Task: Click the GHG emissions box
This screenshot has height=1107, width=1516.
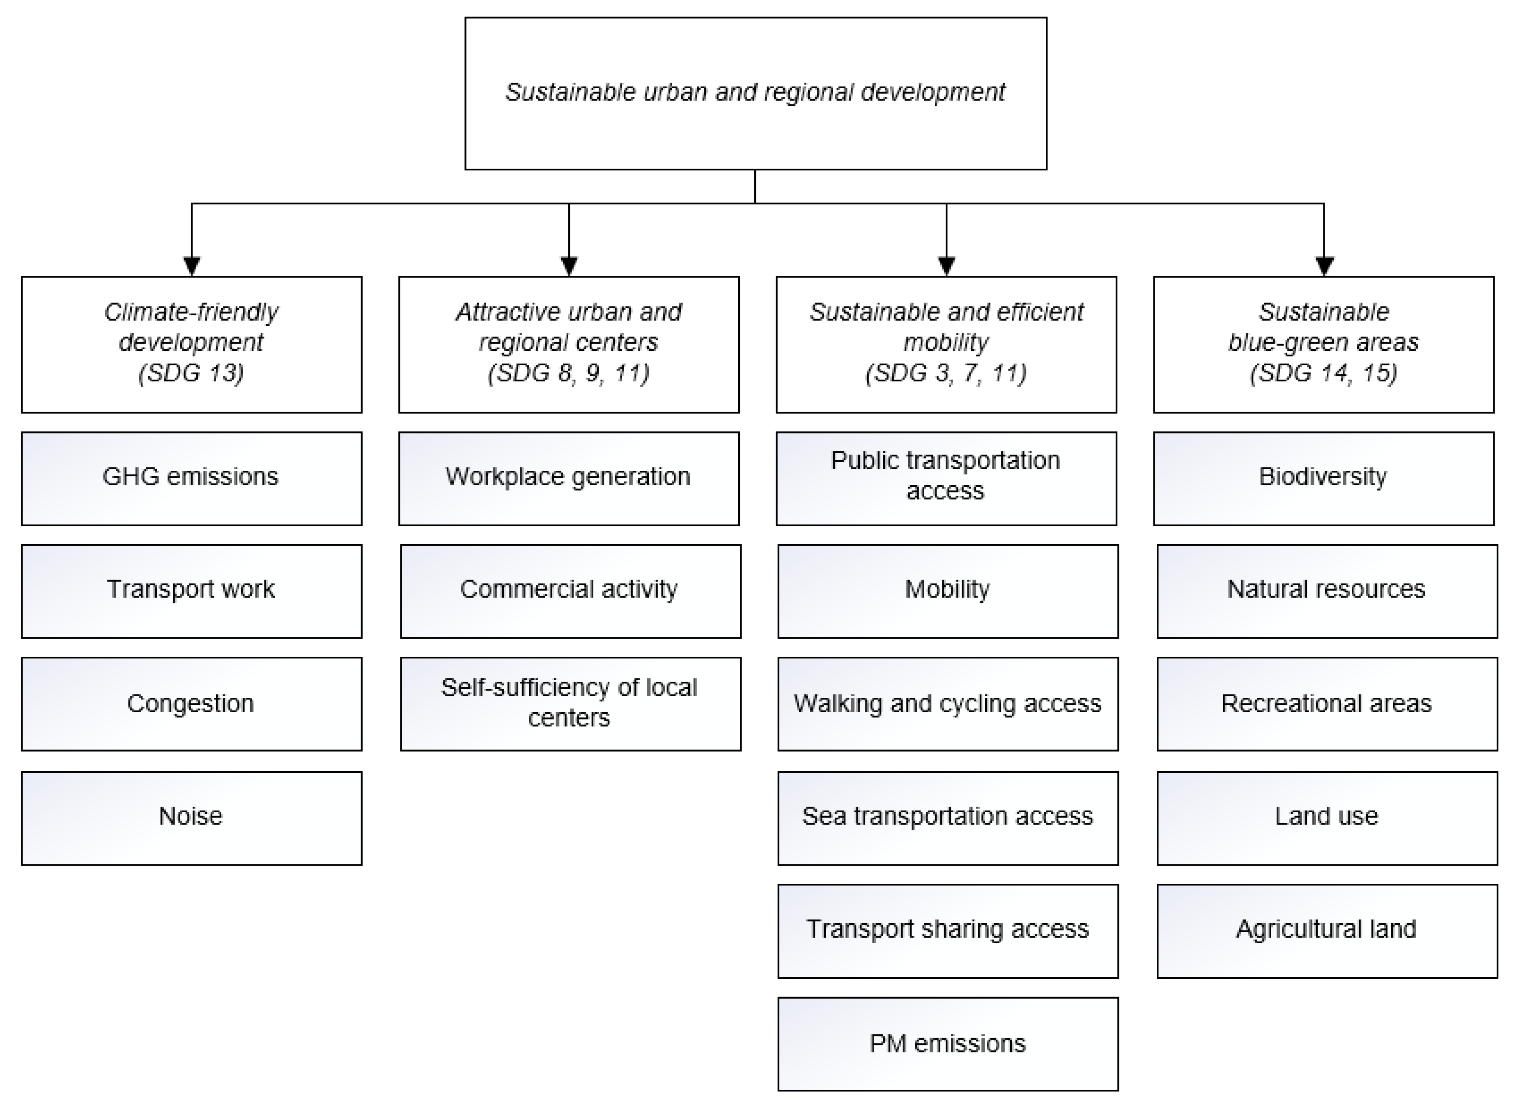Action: tap(191, 479)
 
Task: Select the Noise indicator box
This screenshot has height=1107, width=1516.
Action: tap(191, 818)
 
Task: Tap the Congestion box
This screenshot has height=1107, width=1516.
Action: tap(191, 704)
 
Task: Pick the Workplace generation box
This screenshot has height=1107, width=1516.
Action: tap(568, 479)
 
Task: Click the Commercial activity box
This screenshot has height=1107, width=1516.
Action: tap(570, 591)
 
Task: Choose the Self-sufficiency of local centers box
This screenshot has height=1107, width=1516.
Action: tap(570, 704)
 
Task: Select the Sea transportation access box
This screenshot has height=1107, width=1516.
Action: tap(948, 818)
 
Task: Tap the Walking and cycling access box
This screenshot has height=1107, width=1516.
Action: tap(948, 704)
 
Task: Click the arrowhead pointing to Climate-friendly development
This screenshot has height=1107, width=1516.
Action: tap(192, 266)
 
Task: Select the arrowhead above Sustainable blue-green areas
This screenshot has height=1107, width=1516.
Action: tap(1324, 266)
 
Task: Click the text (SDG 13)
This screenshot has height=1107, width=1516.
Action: tap(191, 373)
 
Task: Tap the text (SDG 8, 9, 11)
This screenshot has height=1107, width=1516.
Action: tap(568, 373)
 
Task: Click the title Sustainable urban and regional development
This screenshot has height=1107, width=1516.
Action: tap(755, 92)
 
